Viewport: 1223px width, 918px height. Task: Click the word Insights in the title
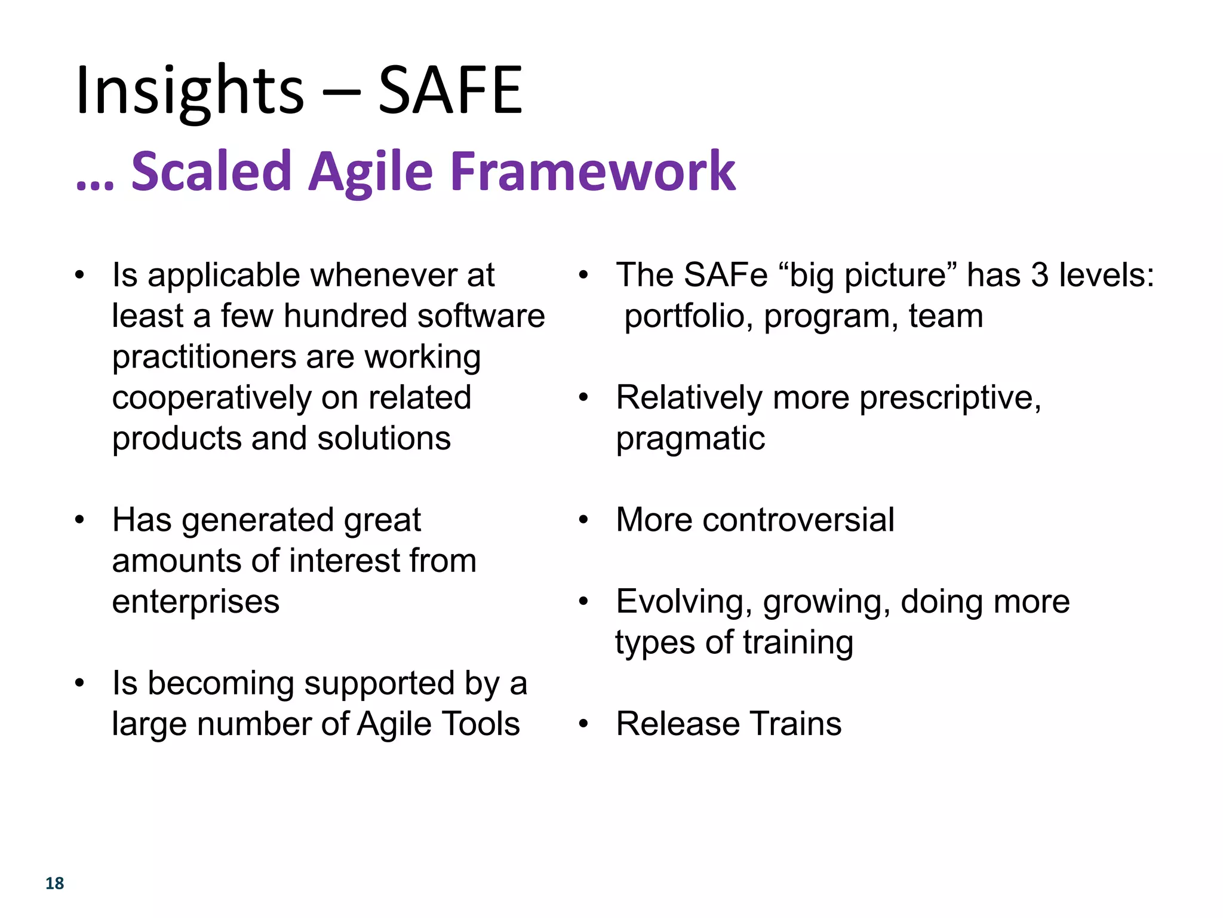(x=190, y=91)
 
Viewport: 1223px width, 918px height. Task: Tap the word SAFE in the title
(x=450, y=91)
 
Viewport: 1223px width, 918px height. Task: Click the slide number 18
(x=54, y=883)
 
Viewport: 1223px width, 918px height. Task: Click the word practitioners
(x=204, y=357)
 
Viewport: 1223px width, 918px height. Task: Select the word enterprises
(x=195, y=602)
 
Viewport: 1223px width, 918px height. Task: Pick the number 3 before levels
(x=1040, y=275)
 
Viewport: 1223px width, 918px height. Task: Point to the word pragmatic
(x=690, y=439)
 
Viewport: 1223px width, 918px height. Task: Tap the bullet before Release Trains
(x=583, y=724)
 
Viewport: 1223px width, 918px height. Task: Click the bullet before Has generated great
(x=79, y=520)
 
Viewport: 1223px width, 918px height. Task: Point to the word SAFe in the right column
(x=725, y=275)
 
